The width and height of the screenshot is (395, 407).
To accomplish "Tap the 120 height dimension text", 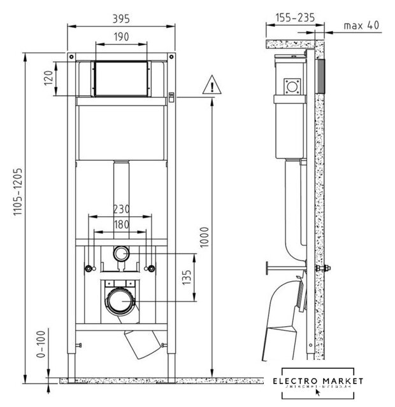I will click(x=47, y=79).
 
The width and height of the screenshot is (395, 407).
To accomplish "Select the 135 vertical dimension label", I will click(x=187, y=276).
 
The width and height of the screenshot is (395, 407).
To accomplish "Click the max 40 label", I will click(x=361, y=26).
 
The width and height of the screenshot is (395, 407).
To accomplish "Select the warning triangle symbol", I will click(x=210, y=85).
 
